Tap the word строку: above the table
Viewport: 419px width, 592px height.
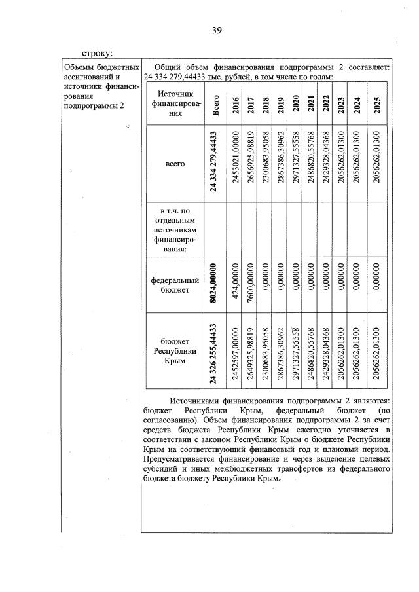(98, 52)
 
